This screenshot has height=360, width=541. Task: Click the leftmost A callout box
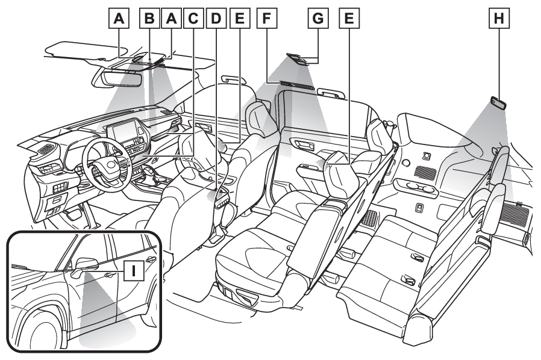pyautogui.click(x=119, y=18)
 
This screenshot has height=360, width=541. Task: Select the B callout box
pyautogui.click(x=149, y=18)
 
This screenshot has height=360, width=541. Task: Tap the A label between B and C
pyautogui.click(x=172, y=18)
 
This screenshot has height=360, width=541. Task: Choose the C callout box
pyautogui.click(x=193, y=18)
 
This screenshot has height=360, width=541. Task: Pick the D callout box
pyautogui.click(x=216, y=18)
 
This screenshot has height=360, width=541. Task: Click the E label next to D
pyautogui.click(x=239, y=18)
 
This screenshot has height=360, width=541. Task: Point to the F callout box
pyautogui.click(x=267, y=18)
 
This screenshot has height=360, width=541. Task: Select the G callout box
pyautogui.click(x=317, y=18)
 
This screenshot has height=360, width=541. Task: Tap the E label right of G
pyautogui.click(x=349, y=18)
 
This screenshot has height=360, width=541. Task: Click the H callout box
pyautogui.click(x=499, y=18)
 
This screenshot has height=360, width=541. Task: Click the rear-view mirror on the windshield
pyautogui.click(x=117, y=78)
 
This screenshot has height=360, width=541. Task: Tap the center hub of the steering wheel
pyautogui.click(x=110, y=165)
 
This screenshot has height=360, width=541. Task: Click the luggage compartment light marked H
pyautogui.click(x=498, y=103)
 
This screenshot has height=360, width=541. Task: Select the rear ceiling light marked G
pyautogui.click(x=298, y=58)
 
